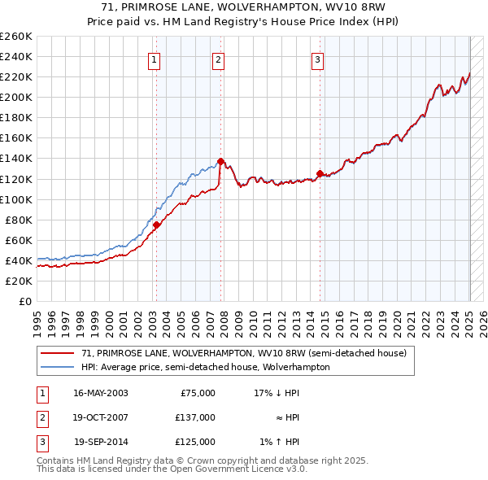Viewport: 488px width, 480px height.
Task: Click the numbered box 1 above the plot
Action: pyautogui.click(x=154, y=59)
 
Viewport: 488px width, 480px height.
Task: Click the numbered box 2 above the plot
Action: pyautogui.click(x=219, y=59)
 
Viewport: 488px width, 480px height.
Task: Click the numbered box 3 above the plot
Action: pyautogui.click(x=317, y=59)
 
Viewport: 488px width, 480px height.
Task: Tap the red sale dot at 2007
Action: pyautogui.click(x=221, y=161)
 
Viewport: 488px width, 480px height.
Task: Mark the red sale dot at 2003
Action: pyautogui.click(x=156, y=225)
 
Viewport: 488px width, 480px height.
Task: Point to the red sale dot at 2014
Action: pyautogui.click(x=320, y=173)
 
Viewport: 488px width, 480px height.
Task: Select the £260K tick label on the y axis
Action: pyautogui.click(x=15, y=37)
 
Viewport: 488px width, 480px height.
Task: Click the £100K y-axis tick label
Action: pyautogui.click(x=15, y=199)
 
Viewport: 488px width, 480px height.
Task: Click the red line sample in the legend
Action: pyautogui.click(x=57, y=353)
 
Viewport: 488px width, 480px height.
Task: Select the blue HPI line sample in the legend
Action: pyautogui.click(x=57, y=367)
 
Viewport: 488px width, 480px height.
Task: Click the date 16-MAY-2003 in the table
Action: pyautogui.click(x=101, y=392)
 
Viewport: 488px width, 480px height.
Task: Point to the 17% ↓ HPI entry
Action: pyautogui.click(x=277, y=392)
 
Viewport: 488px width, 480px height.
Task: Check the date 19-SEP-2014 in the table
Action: pyautogui.click(x=101, y=442)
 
